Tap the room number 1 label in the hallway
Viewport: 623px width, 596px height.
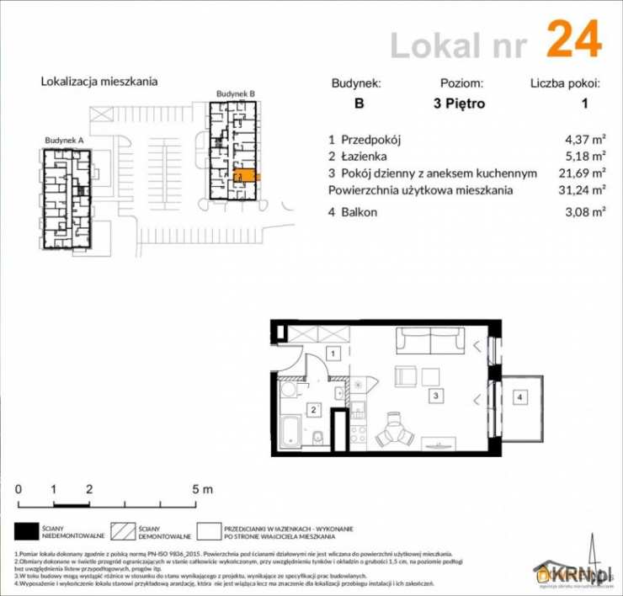tap(334, 354)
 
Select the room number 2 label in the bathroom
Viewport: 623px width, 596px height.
tap(313, 409)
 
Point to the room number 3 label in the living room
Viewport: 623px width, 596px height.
tap(434, 394)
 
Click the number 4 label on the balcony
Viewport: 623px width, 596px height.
tap(520, 396)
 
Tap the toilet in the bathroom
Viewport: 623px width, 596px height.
tap(321, 437)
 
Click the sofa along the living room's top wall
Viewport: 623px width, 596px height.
tap(430, 341)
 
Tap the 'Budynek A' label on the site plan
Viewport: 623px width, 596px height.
tap(64, 140)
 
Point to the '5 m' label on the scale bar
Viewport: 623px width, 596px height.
tap(203, 489)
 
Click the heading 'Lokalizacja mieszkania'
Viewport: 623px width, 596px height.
tap(99, 82)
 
